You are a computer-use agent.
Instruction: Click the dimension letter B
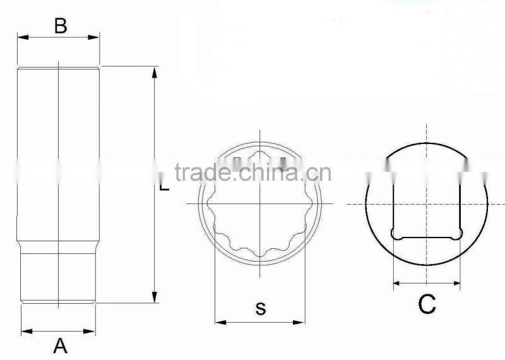pyautogui.click(x=60, y=26)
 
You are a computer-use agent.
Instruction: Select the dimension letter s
pyautogui.click(x=260, y=309)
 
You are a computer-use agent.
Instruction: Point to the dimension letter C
pyautogui.click(x=427, y=305)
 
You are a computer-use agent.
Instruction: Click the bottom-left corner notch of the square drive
pyautogui.click(x=396, y=234)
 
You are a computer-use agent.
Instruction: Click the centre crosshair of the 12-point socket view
pyautogui.click(x=259, y=203)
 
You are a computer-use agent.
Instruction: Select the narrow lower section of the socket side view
pyautogui.click(x=58, y=278)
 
